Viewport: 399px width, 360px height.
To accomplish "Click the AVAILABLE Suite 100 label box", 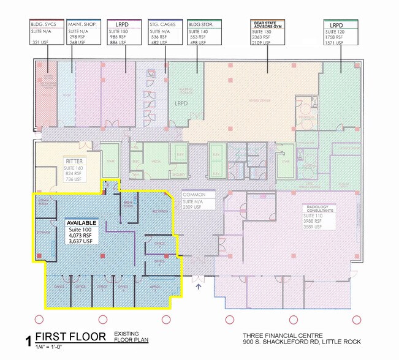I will [x=81, y=231].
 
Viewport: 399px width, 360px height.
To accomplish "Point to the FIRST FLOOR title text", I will [x=70, y=336].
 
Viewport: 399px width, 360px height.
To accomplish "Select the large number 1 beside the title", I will [x=27, y=340].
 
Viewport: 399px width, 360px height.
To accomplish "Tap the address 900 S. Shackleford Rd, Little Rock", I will [x=302, y=342].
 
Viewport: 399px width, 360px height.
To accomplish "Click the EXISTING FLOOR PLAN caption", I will [x=131, y=336].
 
